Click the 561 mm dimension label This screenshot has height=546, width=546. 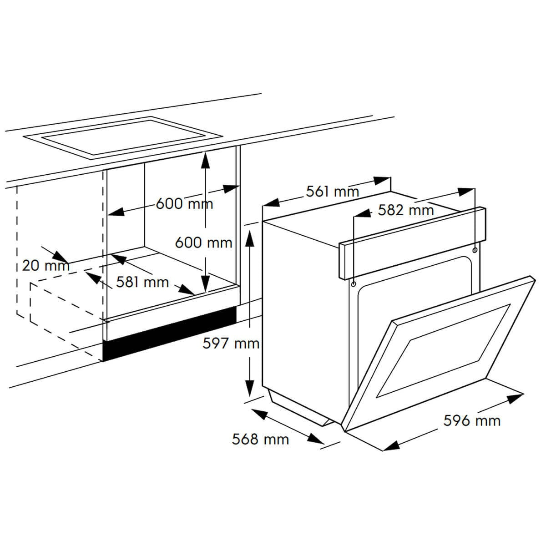(332, 192)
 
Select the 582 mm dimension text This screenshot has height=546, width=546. (406, 210)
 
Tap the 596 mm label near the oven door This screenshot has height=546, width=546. (472, 421)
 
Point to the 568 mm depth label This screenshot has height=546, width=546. (260, 440)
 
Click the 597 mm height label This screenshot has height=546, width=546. (231, 344)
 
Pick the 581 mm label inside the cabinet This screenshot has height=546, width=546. (142, 282)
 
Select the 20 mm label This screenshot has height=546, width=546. (45, 266)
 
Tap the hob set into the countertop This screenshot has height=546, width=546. (123, 138)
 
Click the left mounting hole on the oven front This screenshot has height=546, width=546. (354, 284)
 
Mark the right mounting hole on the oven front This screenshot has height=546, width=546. (475, 250)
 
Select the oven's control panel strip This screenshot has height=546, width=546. (412, 243)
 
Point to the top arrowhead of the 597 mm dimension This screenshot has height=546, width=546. (249, 238)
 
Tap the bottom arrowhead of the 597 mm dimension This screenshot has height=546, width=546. (249, 388)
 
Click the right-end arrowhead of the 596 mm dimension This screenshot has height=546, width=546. (515, 398)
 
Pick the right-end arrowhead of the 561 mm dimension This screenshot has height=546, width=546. (382, 180)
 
